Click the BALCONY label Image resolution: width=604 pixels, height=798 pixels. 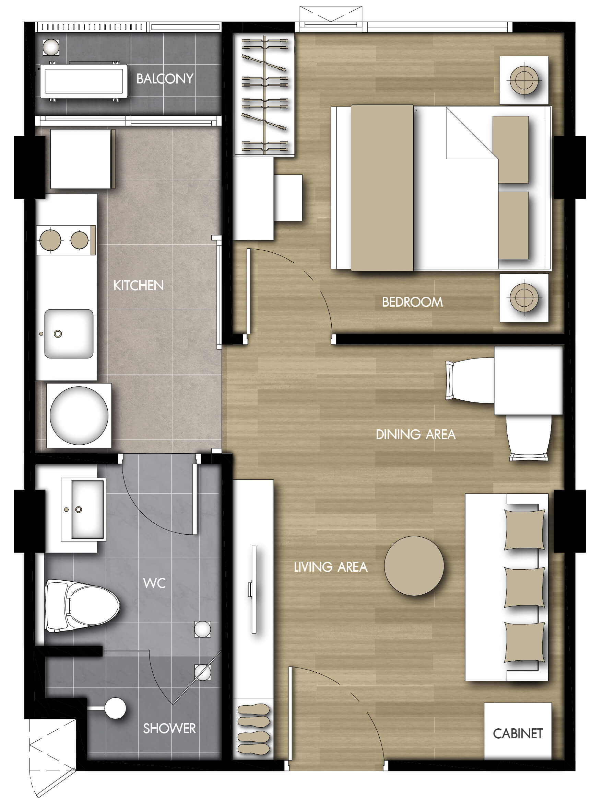click(x=165, y=79)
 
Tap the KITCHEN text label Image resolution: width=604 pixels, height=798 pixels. click(x=138, y=285)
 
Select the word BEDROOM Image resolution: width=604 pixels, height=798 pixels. click(x=412, y=302)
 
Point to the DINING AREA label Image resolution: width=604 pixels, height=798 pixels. click(x=415, y=434)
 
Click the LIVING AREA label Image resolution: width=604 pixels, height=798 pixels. click(x=331, y=567)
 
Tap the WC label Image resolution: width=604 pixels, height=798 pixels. click(x=154, y=583)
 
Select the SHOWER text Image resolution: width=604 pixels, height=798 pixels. click(x=169, y=728)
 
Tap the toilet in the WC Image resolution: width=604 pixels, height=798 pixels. click(x=82, y=605)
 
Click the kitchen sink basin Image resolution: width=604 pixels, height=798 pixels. click(x=69, y=333)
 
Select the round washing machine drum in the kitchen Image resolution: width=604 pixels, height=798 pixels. click(x=79, y=415)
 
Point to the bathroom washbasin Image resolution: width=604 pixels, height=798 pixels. click(x=83, y=509)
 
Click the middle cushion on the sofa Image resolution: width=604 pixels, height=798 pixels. click(x=524, y=587)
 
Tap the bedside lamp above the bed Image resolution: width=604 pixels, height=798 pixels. click(x=524, y=80)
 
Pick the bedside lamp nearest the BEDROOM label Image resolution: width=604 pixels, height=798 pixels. click(x=524, y=297)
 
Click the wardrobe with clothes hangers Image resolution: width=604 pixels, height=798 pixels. click(x=264, y=95)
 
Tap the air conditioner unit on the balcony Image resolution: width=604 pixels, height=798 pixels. click(x=84, y=81)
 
